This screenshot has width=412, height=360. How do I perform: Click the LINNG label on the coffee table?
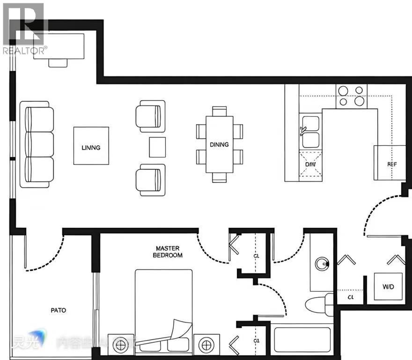click(91, 148)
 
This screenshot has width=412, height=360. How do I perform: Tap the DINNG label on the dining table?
click(219, 144)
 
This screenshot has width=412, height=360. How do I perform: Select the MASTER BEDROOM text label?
click(168, 252)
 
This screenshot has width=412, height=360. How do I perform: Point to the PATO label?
click(59, 310)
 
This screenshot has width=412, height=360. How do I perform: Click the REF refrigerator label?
click(392, 165)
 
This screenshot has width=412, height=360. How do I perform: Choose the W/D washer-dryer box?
click(388, 286)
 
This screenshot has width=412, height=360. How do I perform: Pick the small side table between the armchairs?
click(157, 147)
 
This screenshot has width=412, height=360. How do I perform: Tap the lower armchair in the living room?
click(150, 180)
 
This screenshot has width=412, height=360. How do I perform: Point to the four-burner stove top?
click(351, 95)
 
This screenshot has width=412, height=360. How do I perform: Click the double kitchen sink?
click(310, 132)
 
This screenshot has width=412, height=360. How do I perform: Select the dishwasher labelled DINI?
click(310, 165)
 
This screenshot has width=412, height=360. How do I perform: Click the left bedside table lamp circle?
click(120, 346)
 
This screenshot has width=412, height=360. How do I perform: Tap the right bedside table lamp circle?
click(206, 346)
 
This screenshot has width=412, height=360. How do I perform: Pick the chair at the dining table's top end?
click(219, 111)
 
